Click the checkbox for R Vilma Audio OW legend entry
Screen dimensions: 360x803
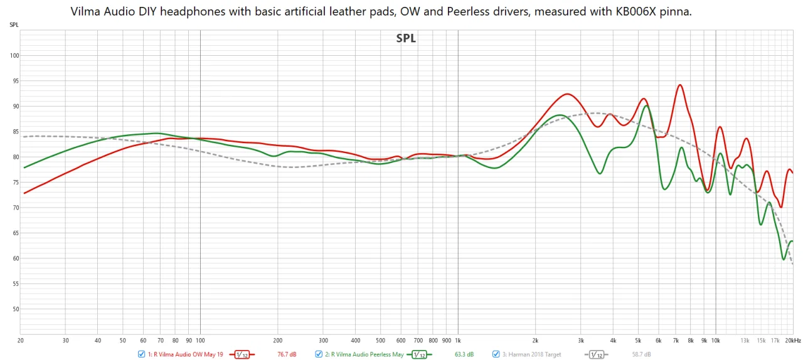(142, 354)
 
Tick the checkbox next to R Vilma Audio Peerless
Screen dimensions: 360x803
(319, 354)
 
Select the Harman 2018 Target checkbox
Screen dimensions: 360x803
(496, 354)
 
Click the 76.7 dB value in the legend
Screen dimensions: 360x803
(287, 354)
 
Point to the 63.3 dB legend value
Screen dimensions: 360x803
(464, 354)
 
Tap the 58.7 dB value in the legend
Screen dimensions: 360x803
(641, 354)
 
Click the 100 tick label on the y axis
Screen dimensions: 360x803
(14, 56)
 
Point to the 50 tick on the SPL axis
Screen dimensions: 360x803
(15, 309)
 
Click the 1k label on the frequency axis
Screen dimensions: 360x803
(458, 341)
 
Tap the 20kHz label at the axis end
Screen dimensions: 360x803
(793, 341)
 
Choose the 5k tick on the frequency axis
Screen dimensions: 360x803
(638, 341)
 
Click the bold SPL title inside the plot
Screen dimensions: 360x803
(406, 38)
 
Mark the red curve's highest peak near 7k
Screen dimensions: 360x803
(679, 85)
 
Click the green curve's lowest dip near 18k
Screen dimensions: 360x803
(784, 259)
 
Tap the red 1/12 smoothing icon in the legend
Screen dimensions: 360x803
(242, 354)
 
